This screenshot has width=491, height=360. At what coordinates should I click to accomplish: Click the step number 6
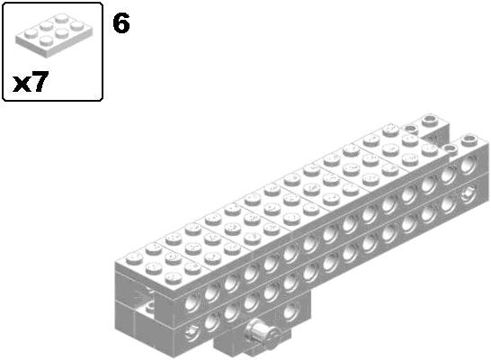point(121,23)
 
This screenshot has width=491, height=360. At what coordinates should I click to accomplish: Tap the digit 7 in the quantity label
point(39,82)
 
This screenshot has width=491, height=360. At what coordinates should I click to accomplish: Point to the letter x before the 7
point(21,85)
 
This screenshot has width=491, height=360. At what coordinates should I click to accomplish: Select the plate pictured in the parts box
point(54,35)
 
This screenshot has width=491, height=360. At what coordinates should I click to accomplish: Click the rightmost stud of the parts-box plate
point(76,26)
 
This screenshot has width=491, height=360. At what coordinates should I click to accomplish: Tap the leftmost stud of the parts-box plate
point(31,32)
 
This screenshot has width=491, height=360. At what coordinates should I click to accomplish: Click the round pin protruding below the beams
point(263,335)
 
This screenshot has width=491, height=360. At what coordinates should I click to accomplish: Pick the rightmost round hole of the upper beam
point(469,165)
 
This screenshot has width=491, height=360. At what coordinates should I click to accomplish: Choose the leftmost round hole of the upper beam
point(192,303)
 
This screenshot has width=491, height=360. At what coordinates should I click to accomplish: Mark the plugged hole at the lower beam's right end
point(468,194)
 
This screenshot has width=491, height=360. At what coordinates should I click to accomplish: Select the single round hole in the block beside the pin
point(291,311)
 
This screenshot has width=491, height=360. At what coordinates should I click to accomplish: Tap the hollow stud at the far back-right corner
point(430,121)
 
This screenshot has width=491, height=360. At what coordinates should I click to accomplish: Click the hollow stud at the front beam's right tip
point(469,139)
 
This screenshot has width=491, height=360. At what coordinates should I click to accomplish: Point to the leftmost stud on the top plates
point(134,258)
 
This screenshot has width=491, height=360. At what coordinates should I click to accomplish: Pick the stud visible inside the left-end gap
point(150,305)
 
